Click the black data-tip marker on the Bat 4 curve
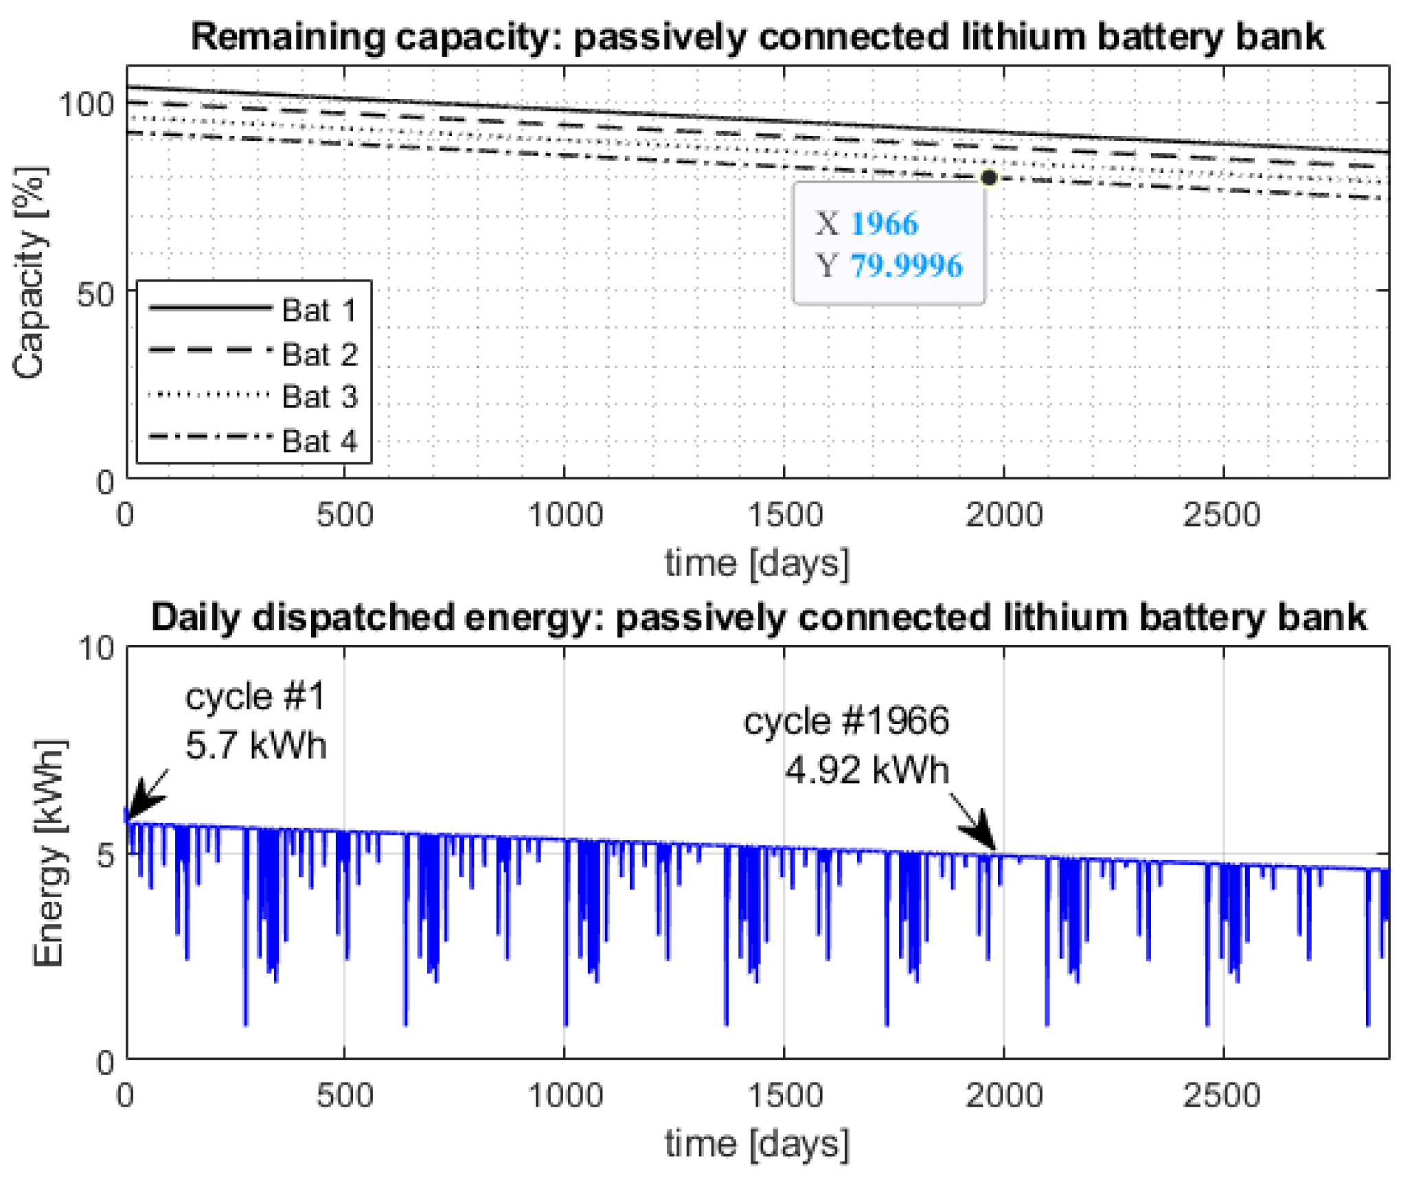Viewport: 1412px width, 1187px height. pos(988,178)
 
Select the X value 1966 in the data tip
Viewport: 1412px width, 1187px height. pos(883,224)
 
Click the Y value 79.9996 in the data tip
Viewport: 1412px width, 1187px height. pos(906,266)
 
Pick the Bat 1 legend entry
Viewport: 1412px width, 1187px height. pos(319,310)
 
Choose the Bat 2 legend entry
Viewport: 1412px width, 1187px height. pos(319,354)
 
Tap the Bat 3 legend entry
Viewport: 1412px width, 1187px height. pos(319,397)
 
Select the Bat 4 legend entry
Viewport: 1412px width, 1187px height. pos(319,440)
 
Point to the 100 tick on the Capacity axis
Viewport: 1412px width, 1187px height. pos(85,104)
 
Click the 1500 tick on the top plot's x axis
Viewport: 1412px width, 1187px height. pos(784,515)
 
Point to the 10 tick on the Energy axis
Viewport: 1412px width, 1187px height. pos(96,648)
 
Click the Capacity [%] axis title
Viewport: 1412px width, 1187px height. pos(30,272)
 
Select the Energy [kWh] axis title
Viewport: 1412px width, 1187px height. pos(49,853)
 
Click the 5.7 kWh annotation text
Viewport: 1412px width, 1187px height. pos(255,745)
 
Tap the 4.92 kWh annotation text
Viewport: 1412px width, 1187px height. pos(867,770)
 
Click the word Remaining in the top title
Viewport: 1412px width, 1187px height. pos(287,37)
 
